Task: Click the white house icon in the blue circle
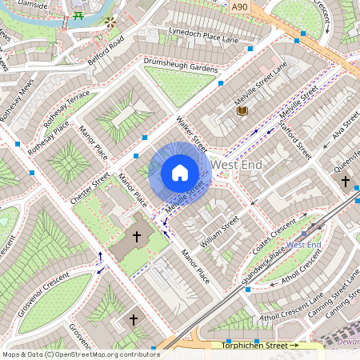click(x=180, y=172)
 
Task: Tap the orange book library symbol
click(x=242, y=111)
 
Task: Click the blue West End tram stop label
click(x=304, y=244)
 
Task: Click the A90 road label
click(x=238, y=6)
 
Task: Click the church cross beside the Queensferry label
click(x=346, y=182)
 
